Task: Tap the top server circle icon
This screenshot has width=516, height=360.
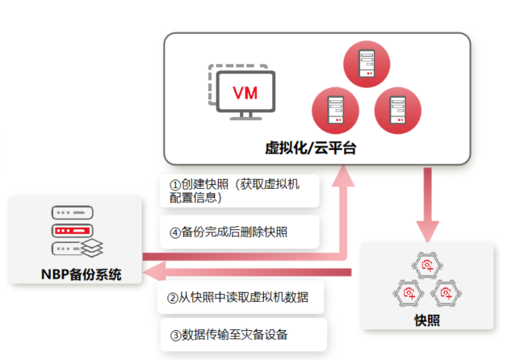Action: pos(363,61)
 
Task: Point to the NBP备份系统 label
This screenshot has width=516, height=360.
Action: pos(81,274)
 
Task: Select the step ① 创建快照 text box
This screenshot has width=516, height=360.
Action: pos(239,191)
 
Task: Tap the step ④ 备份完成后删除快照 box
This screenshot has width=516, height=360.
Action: pos(239,232)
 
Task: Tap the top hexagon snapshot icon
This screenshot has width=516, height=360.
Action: pos(426,264)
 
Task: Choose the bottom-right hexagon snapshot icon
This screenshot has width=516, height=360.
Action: pos(444,291)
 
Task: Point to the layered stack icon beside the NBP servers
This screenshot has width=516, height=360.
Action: pos(94,245)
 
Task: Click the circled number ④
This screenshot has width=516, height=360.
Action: pos(175,232)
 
